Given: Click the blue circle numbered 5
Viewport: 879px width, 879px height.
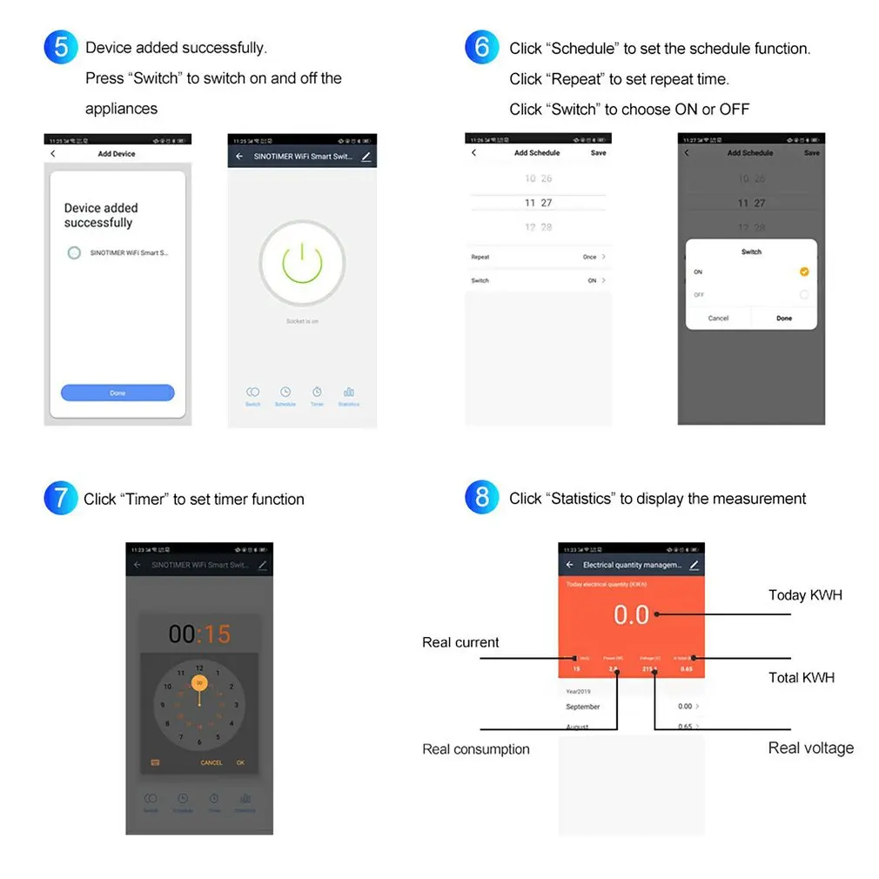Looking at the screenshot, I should (61, 46).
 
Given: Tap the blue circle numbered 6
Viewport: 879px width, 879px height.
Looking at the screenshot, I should (482, 46).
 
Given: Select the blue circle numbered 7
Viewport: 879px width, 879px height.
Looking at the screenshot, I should (61, 498).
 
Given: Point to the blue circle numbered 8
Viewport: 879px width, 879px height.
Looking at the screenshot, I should (482, 498).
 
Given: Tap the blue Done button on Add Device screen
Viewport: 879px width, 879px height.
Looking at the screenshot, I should (117, 393).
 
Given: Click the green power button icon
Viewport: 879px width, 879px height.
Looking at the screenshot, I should (302, 263).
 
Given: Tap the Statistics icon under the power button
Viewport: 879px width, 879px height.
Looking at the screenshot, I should (349, 396).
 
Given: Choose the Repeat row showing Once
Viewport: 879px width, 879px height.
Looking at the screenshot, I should (538, 257).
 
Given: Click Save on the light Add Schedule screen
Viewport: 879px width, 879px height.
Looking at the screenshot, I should (598, 152).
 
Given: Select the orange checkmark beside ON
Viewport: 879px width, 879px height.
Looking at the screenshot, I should (803, 272).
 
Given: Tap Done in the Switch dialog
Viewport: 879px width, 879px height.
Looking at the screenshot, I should (784, 319).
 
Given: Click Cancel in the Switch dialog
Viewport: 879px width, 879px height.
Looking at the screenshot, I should (718, 319).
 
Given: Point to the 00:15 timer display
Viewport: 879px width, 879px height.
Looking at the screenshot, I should (200, 634).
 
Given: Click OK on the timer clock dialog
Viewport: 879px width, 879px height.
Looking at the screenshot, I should (240, 762).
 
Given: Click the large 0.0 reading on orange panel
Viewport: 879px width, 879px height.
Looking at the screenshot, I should (631, 614).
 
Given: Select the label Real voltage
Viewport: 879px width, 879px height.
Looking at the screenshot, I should (810, 748).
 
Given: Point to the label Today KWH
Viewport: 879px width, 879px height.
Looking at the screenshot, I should (805, 595).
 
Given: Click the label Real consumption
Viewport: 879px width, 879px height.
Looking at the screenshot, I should (475, 748).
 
